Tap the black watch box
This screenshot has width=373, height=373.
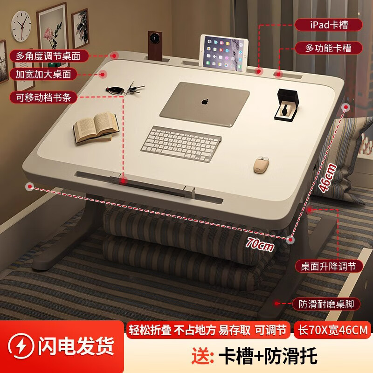(x=285, y=104)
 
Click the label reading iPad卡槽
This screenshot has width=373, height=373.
(x=328, y=24)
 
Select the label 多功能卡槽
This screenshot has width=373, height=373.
(x=328, y=48)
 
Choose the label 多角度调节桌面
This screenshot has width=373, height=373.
(x=48, y=56)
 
